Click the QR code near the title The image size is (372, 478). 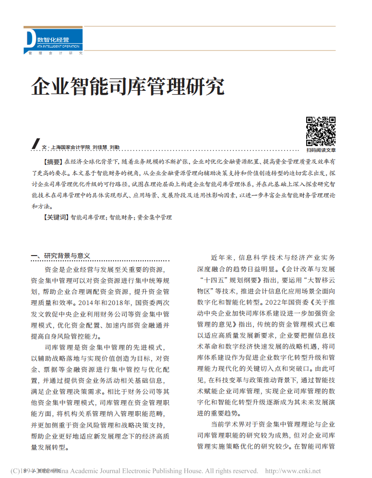[x=321, y=131]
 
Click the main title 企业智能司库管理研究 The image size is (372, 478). [x=128, y=86]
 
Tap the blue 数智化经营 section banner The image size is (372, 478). [x=53, y=39]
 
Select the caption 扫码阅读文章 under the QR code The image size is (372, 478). [x=321, y=150]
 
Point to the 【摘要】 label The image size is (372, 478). [x=53, y=162]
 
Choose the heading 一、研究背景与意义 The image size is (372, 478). [x=60, y=256]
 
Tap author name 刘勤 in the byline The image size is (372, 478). [x=115, y=147]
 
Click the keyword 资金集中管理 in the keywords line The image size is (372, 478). [x=155, y=217]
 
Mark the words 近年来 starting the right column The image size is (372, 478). [x=221, y=257]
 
